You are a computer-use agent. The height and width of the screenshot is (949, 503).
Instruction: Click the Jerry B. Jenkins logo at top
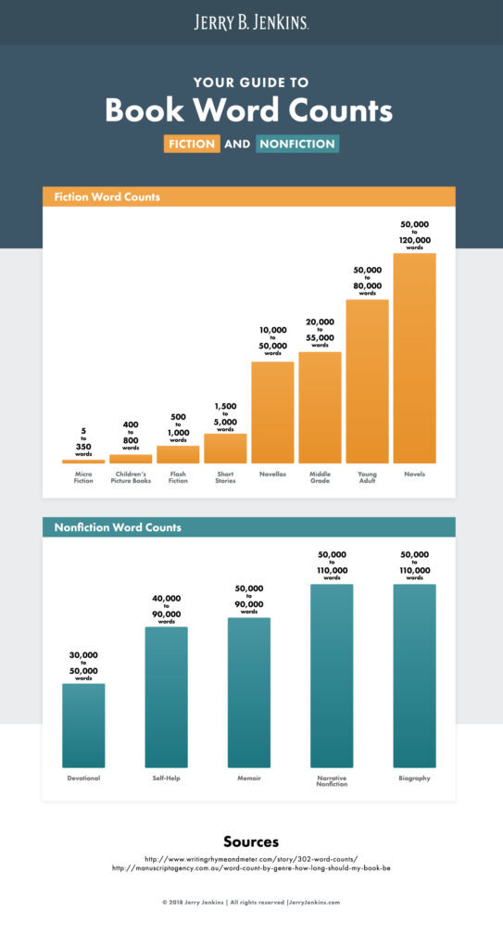(x=251, y=22)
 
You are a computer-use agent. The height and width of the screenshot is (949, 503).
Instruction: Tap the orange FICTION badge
(x=192, y=144)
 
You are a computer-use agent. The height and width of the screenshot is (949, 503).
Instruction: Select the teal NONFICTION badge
(x=296, y=144)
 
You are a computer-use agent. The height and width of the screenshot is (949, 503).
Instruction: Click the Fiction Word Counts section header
(x=107, y=196)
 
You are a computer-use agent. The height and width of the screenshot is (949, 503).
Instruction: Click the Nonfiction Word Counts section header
(x=118, y=527)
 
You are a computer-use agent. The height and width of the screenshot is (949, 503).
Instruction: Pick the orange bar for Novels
(x=414, y=358)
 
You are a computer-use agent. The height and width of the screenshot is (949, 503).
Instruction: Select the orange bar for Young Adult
(x=367, y=381)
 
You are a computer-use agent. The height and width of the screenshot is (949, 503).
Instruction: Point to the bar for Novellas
(x=272, y=411)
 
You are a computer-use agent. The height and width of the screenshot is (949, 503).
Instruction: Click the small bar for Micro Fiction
(x=83, y=461)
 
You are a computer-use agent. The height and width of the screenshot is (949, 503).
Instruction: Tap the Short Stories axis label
(x=225, y=476)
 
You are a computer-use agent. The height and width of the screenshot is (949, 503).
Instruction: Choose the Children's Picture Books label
(x=131, y=476)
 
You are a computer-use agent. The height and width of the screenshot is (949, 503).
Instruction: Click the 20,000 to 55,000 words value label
(x=320, y=332)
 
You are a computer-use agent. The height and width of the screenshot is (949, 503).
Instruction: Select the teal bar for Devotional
(x=83, y=725)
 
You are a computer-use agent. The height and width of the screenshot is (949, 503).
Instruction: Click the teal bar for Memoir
(x=249, y=691)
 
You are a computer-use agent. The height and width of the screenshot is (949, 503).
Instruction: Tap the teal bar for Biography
(x=414, y=675)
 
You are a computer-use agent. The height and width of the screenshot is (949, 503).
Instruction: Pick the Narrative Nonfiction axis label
(x=332, y=781)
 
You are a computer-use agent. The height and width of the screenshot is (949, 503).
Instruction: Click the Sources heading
(x=251, y=841)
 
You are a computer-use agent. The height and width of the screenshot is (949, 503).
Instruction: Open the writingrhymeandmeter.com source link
(x=251, y=858)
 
